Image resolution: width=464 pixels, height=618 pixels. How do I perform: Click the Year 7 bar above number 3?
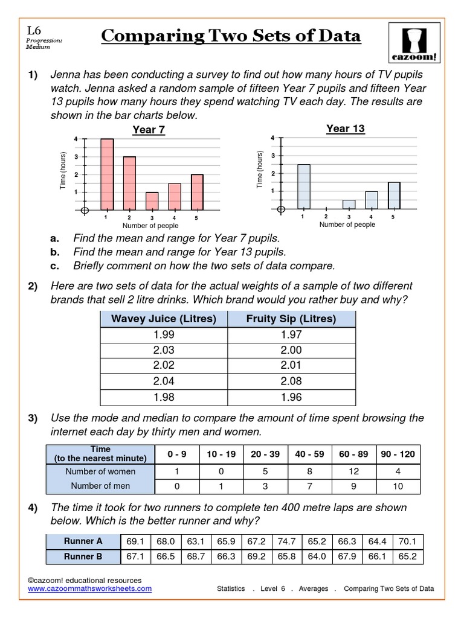tap(152, 201)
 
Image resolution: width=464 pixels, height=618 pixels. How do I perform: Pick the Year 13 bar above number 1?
tap(303, 186)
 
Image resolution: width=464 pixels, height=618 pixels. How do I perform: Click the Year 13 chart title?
tap(346, 129)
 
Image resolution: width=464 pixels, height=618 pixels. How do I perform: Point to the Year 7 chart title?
tap(149, 130)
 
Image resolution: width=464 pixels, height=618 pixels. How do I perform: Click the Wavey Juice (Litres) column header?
tap(164, 319)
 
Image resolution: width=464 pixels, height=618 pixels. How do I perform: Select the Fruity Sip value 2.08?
tap(291, 381)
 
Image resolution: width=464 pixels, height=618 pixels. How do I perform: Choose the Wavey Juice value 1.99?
tap(164, 334)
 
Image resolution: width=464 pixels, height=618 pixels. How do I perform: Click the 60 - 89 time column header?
tap(353, 454)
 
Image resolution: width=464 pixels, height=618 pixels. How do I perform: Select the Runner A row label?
tap(83, 541)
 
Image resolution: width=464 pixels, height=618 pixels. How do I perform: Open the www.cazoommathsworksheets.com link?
tap(90, 588)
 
